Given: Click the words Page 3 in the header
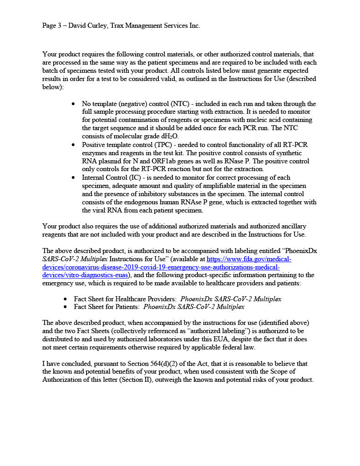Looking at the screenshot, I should (52, 26).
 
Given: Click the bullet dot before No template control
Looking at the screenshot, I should (74, 104).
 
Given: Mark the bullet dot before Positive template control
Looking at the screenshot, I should (74, 145).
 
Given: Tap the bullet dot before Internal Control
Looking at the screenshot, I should (74, 178).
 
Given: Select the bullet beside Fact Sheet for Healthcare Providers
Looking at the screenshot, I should (66, 299).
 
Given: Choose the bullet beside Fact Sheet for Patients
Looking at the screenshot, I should (66, 307).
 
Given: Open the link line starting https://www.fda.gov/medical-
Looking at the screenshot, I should (249, 259).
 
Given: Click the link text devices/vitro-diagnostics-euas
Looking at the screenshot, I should (85, 275).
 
